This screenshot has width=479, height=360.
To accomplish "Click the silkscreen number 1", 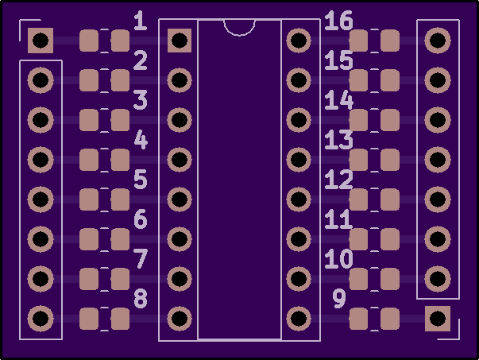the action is pyautogui.click(x=141, y=21).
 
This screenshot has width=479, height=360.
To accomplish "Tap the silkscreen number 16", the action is pyautogui.click(x=338, y=21).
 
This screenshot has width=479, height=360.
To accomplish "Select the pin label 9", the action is pyautogui.click(x=339, y=299).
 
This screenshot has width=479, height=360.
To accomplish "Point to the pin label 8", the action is pyautogui.click(x=141, y=299).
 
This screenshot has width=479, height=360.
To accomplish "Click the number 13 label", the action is pyautogui.click(x=338, y=140).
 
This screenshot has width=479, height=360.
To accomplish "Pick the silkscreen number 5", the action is pyautogui.click(x=141, y=180).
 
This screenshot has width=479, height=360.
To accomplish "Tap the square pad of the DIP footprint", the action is pyautogui.click(x=180, y=41).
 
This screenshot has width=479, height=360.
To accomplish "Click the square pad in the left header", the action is pyautogui.click(x=41, y=41).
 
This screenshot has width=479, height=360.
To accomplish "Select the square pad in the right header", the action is pyautogui.click(x=438, y=319).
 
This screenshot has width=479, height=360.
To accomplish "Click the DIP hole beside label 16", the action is pyautogui.click(x=299, y=41).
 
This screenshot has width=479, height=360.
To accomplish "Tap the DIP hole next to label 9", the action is pyautogui.click(x=299, y=319).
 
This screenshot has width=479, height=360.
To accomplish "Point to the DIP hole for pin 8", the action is pyautogui.click(x=180, y=319).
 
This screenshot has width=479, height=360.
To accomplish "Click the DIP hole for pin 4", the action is pyautogui.click(x=180, y=160).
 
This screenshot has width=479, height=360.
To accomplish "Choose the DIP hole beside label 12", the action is pyautogui.click(x=299, y=199).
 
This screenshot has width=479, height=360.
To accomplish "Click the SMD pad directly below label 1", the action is pyautogui.click(x=121, y=41).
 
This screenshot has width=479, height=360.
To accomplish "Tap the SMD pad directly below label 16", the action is pyautogui.click(x=358, y=41).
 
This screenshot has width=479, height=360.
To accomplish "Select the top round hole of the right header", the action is pyautogui.click(x=438, y=41).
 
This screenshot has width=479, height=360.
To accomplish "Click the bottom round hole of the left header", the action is pyautogui.click(x=41, y=319).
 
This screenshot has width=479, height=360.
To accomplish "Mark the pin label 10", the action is pyautogui.click(x=338, y=259).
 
